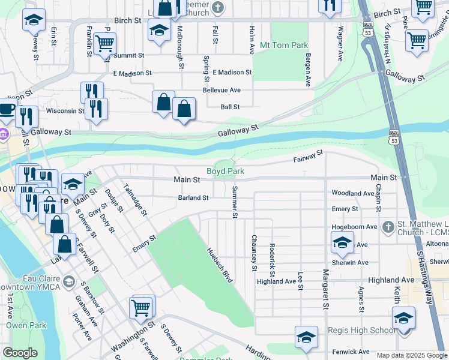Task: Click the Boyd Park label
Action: click(x=226, y=171)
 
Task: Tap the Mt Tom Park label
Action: click(x=283, y=45)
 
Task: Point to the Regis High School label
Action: click(x=361, y=331)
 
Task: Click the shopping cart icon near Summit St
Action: click(x=105, y=43)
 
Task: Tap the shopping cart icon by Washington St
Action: click(x=142, y=307)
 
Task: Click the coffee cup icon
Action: click(x=7, y=110)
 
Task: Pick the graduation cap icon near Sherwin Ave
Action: click(x=342, y=242)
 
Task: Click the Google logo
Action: click(x=20, y=353)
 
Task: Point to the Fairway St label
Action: click(x=308, y=157)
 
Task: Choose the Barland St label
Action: click(x=193, y=197)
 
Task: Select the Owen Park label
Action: click(x=22, y=325)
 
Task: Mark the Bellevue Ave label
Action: click(x=221, y=90)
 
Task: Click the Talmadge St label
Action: click(x=135, y=199)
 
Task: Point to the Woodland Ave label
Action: click(x=352, y=193)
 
